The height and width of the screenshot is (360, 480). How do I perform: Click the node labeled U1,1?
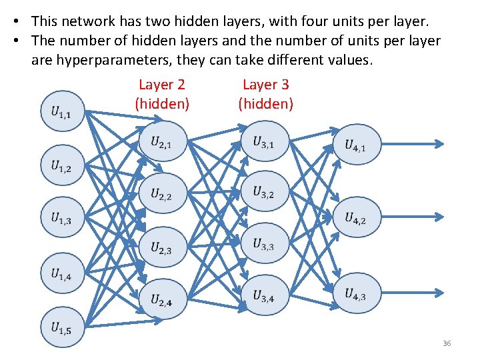[62, 111]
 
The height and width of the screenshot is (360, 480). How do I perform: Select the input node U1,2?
[62, 165]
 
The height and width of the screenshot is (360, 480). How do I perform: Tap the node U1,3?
[62, 219]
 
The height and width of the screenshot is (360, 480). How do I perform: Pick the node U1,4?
[62, 273]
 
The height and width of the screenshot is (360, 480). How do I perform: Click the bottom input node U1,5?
[62, 327]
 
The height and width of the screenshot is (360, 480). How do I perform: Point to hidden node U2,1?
[162, 141]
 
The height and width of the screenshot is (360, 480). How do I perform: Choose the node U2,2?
[162, 194]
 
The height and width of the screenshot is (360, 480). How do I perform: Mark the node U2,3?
[162, 248]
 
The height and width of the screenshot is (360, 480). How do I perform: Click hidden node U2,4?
[162, 300]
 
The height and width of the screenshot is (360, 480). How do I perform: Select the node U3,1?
[263, 141]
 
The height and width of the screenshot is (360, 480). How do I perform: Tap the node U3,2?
[263, 193]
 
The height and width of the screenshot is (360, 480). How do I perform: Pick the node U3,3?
[263, 244]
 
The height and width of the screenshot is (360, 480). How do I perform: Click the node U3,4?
[263, 296]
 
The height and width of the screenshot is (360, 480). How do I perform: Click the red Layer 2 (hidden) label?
[162, 94]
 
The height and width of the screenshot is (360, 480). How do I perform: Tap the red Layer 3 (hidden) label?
[265, 94]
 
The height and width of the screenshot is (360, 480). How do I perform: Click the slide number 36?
[447, 343]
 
